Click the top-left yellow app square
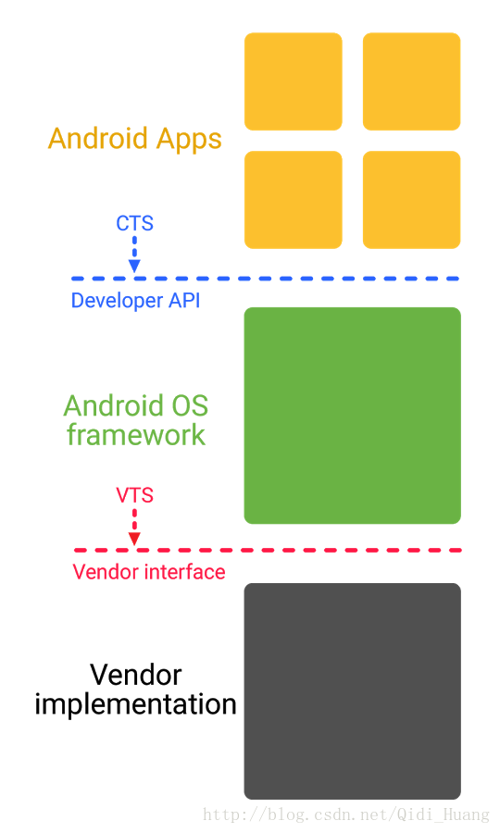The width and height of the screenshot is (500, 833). [x=293, y=81]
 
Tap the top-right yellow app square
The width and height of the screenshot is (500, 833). [x=411, y=81]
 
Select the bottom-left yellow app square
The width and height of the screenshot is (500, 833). [x=293, y=200]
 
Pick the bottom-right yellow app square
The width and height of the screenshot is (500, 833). [x=411, y=200]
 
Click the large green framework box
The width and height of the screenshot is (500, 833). [x=352, y=416]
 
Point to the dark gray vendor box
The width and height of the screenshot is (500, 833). [x=352, y=690]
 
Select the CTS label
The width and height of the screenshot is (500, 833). [x=134, y=223]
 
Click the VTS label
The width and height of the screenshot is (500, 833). [x=134, y=495]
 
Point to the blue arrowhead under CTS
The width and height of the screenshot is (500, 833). [x=134, y=267]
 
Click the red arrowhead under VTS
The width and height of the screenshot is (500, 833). [x=134, y=539]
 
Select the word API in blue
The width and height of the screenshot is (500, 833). [x=183, y=301]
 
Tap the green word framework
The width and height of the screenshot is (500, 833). [x=136, y=435]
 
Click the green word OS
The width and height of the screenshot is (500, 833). [x=189, y=406]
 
